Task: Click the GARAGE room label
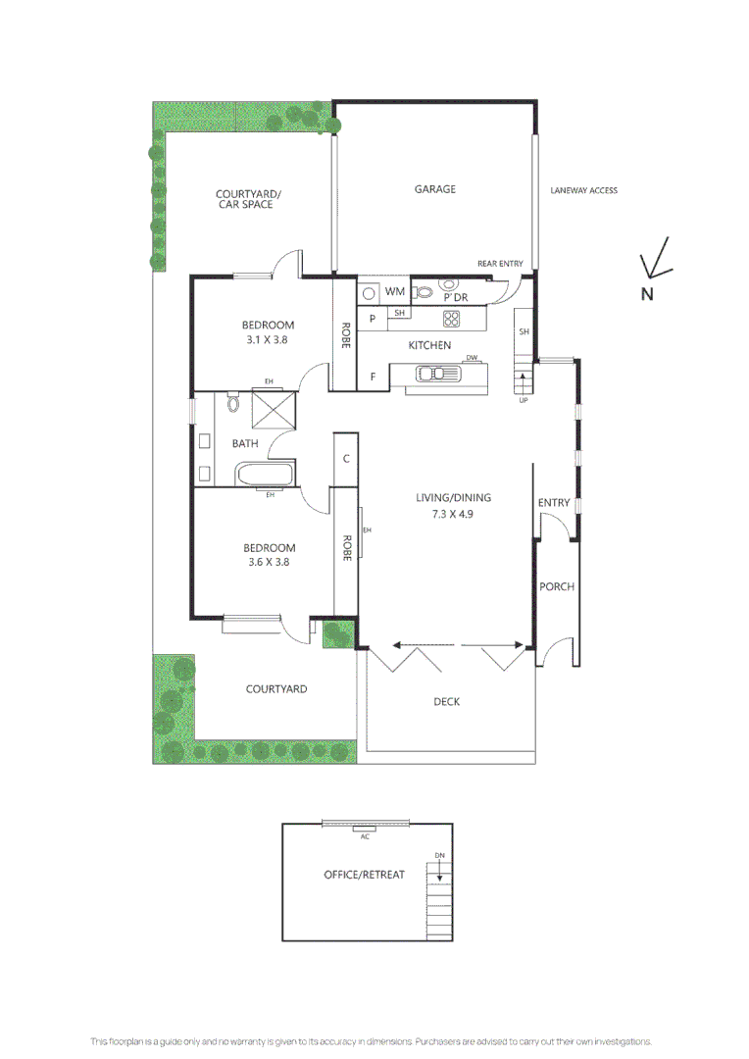[x=434, y=189]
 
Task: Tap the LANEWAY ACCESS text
[x=583, y=190]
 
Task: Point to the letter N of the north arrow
[x=647, y=293]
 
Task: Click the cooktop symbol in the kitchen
[x=452, y=318]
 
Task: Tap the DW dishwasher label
[x=472, y=358]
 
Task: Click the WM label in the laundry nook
[x=394, y=292]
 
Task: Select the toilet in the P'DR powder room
[x=424, y=291]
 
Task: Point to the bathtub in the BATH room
[x=265, y=476]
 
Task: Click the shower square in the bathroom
[x=274, y=410]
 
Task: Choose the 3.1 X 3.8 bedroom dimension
[x=268, y=340]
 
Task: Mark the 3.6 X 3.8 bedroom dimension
[x=268, y=563]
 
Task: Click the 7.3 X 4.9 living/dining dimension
[x=452, y=513]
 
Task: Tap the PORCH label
[x=557, y=586]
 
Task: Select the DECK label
[x=446, y=701]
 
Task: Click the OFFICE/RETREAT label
[x=364, y=874]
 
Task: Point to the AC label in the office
[x=365, y=836]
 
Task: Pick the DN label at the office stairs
[x=440, y=856]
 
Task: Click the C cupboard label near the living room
[x=347, y=458]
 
